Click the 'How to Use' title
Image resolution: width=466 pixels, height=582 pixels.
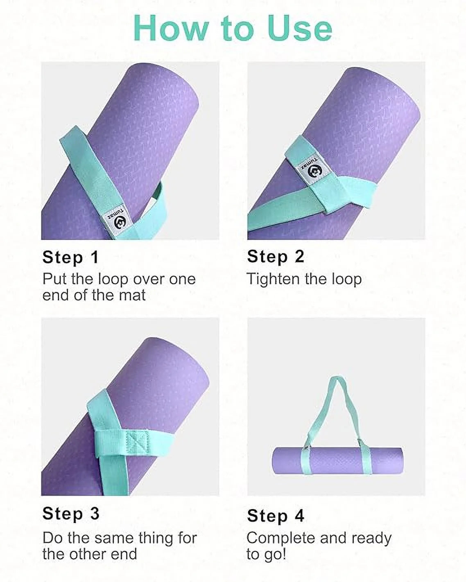coord(233,28)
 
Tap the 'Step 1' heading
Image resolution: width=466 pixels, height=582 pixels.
coord(70,257)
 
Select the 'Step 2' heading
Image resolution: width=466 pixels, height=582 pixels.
coord(276,257)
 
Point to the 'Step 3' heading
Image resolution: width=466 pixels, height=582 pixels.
coord(71,513)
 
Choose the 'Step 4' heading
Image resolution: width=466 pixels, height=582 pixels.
coord(276,516)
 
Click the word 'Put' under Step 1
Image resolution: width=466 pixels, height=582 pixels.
coord(55,279)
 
